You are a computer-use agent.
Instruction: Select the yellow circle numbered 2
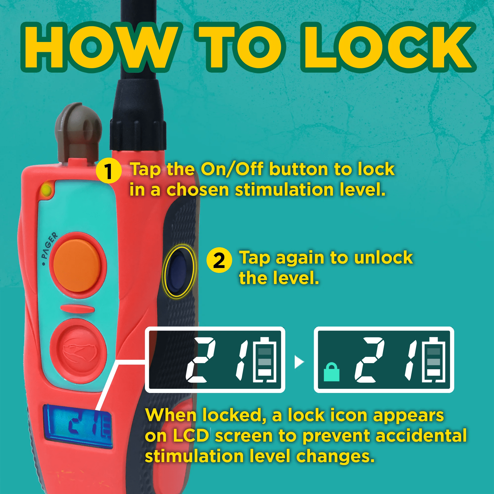coord(219,260)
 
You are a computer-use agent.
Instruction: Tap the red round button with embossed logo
coord(78,351)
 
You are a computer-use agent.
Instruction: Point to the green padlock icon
coord(331,371)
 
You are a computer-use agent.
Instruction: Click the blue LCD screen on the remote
coord(78,426)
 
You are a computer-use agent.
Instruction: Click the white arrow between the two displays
coord(299,362)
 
